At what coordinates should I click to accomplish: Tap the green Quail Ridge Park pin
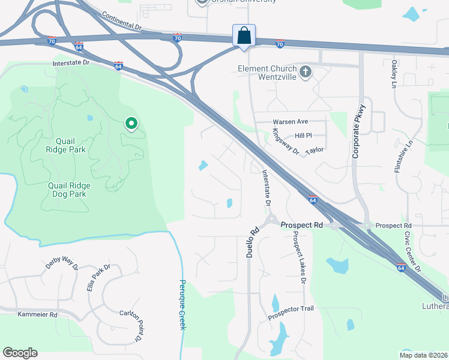click(131, 124)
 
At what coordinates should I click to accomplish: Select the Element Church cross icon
click(306, 73)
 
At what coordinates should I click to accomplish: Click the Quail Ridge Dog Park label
click(67, 190)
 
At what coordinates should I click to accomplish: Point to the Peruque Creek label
click(182, 304)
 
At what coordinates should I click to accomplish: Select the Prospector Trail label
click(291, 312)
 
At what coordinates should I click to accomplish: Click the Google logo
click(20, 353)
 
